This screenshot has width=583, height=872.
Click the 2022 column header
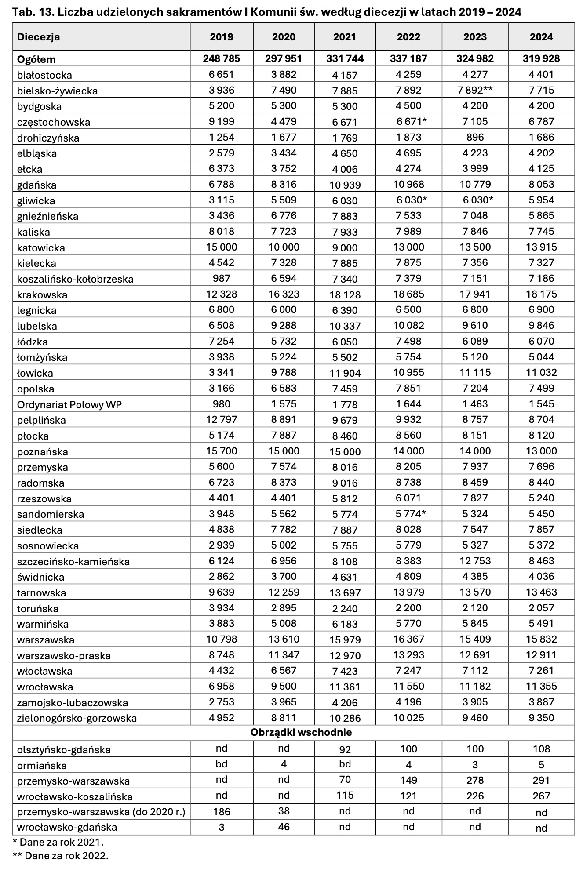pyautogui.click(x=408, y=37)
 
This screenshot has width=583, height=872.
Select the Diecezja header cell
pyautogui.click(x=39, y=37)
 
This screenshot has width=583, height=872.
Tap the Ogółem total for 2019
pyautogui.click(x=222, y=58)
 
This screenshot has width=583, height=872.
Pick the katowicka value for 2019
pyautogui.click(x=222, y=247)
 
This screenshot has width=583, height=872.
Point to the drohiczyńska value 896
pyautogui.click(x=475, y=137)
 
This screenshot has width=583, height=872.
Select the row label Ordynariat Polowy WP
pyautogui.click(x=69, y=404)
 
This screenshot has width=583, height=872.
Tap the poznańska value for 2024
pyautogui.click(x=541, y=451)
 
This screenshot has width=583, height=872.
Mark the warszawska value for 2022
pyautogui.click(x=408, y=639)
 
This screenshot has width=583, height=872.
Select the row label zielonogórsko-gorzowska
pyautogui.click(x=77, y=718)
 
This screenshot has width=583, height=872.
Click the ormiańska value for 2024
pyautogui.click(x=541, y=765)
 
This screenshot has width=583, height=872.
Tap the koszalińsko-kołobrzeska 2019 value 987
pyautogui.click(x=222, y=278)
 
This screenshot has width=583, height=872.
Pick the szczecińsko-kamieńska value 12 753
pyautogui.click(x=475, y=561)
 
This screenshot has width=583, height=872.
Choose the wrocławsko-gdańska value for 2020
pyautogui.click(x=284, y=827)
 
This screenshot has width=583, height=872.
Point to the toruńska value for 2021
pyautogui.click(x=345, y=608)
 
